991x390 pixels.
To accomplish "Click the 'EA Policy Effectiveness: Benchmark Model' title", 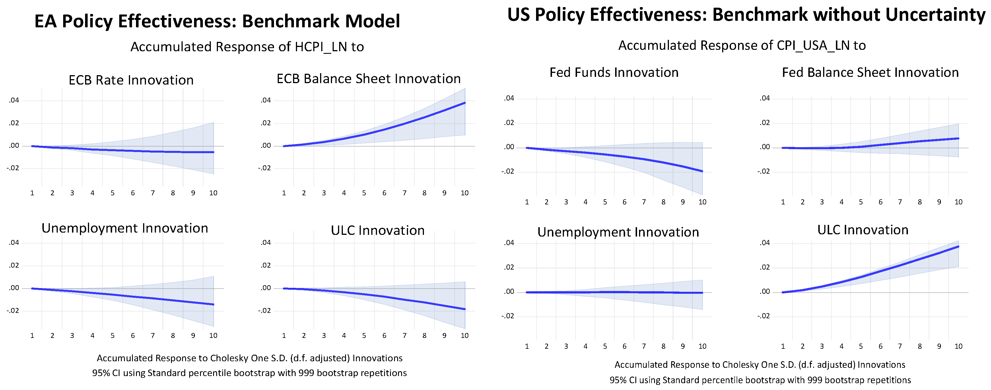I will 217,21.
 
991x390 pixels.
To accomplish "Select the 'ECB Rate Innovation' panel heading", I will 131,80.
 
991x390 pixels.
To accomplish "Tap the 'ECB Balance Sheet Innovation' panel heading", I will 368,79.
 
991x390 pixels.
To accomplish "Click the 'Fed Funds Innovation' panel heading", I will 614,72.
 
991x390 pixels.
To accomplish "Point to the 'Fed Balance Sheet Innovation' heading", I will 870,72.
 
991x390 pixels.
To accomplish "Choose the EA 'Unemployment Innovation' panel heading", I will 125,228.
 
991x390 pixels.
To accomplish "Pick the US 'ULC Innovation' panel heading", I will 862,230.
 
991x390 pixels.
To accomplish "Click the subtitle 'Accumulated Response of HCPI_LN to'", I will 247,47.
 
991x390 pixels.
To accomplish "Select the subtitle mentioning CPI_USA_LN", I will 742,46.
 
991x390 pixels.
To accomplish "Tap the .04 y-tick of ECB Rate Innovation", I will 14,100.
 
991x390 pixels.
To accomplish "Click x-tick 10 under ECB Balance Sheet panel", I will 464,193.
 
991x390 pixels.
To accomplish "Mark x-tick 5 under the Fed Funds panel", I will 605,202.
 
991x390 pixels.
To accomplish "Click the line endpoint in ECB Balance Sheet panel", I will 465,103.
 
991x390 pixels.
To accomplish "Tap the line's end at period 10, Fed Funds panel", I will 702,171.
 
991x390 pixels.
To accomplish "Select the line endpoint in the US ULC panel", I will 958,247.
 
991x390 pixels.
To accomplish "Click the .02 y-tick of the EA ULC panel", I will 266,265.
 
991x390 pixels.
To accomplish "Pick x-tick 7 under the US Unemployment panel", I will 644,346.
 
